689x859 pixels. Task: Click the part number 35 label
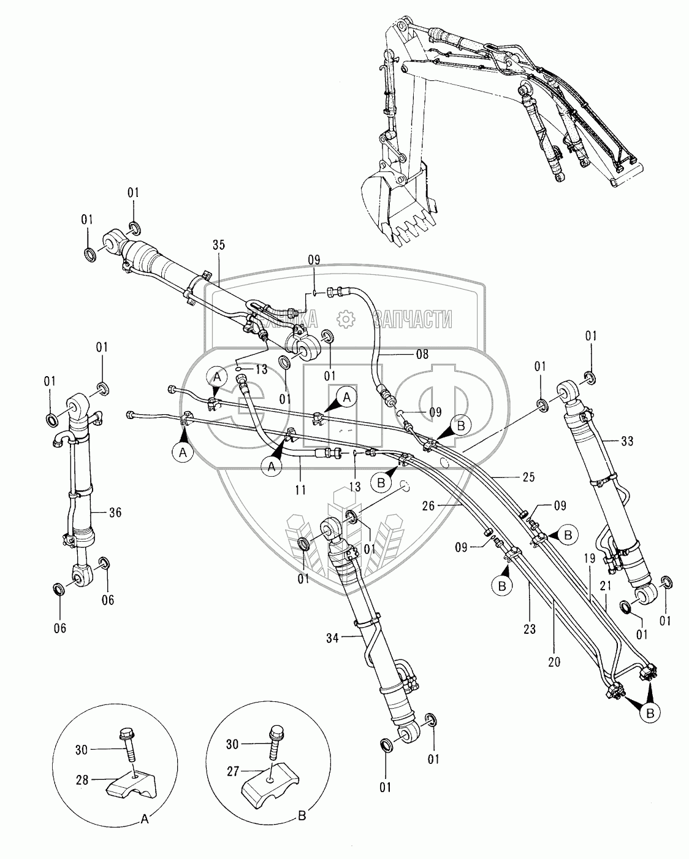219,245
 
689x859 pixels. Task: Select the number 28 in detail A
82,780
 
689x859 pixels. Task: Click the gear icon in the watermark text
346,318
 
